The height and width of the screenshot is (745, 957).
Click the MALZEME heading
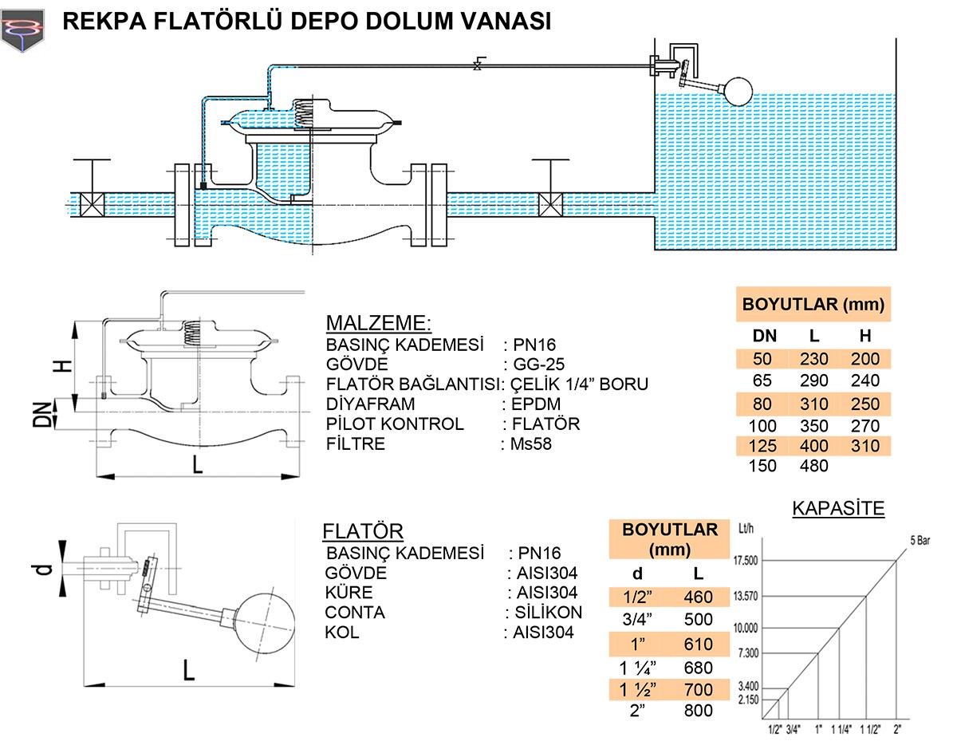[378, 323]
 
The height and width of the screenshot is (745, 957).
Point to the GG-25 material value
[539, 365]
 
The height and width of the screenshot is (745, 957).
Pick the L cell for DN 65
[814, 380]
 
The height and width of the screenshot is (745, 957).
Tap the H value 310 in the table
[864, 445]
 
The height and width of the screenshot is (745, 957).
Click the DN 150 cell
[763, 466]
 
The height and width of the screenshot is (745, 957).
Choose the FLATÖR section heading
[363, 532]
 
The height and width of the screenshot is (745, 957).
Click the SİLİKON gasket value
[545, 613]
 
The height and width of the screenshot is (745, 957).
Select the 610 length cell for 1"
[699, 644]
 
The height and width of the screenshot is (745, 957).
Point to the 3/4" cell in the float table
[637, 620]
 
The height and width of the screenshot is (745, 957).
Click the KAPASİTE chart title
[838, 508]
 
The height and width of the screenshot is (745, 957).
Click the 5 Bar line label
[922, 539]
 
